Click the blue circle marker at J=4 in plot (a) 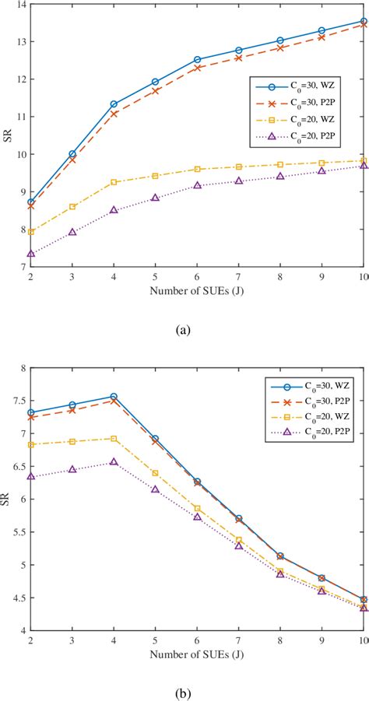114,103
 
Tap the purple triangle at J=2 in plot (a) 31,254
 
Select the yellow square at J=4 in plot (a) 114,182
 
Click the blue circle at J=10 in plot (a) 364,21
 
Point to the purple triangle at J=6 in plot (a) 198,185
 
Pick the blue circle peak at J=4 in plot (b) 114,397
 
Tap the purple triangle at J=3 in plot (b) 72,469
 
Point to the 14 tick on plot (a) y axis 20,5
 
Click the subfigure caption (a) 183,330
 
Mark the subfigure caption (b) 183,690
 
